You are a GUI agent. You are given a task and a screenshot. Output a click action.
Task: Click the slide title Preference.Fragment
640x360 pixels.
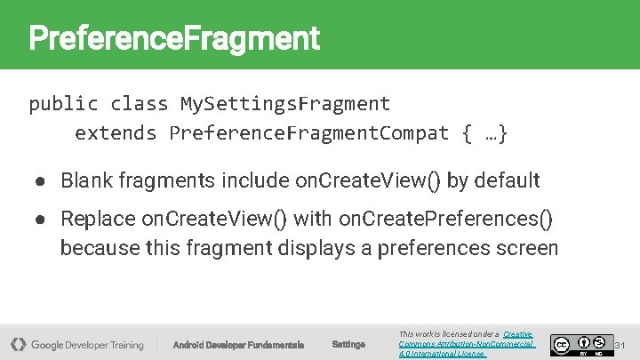173,38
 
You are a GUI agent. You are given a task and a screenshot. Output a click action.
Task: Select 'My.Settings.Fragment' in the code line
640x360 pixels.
284,103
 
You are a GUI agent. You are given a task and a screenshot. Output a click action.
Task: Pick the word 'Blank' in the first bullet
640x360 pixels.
88,181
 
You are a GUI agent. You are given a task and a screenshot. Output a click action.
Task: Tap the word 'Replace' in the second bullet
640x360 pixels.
98,219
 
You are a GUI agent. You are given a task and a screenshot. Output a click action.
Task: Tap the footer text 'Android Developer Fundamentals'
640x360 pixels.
238,345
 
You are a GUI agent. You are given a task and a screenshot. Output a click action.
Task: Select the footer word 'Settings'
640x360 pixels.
348,344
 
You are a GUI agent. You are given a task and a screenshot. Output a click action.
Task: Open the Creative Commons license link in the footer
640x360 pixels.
466,343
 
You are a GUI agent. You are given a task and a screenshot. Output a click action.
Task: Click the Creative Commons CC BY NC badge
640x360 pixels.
581,344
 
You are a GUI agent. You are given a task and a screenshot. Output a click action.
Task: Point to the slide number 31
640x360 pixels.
621,344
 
